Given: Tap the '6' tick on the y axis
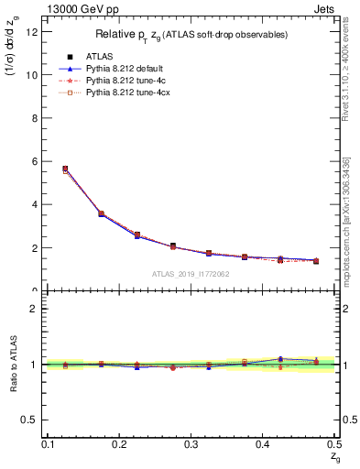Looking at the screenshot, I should (36, 161).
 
